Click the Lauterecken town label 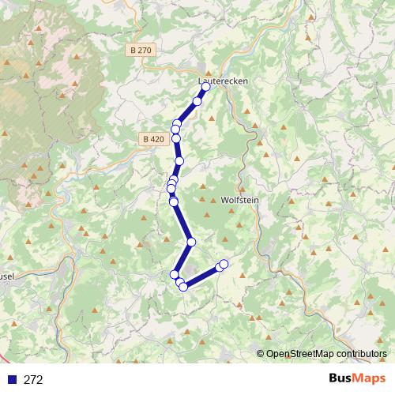click(x=216, y=80)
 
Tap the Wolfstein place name click(x=240, y=200)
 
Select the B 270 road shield click(x=140, y=50)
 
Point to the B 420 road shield click(x=154, y=139)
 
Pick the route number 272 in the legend click(x=33, y=380)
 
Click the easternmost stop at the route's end click(x=224, y=264)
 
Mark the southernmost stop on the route click(x=183, y=287)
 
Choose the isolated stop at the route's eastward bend click(x=191, y=242)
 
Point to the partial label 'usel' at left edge click(x=7, y=276)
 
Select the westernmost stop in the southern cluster click(x=175, y=274)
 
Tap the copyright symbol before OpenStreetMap click(x=261, y=354)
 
